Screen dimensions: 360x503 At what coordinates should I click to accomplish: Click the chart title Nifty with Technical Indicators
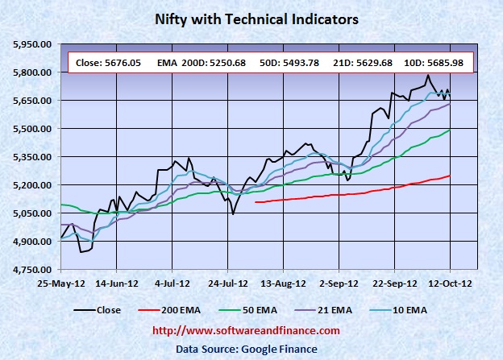pos(251,17)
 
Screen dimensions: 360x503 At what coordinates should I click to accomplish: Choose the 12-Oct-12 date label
pos(450,284)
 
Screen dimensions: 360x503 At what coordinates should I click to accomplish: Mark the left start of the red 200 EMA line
pos(256,202)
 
